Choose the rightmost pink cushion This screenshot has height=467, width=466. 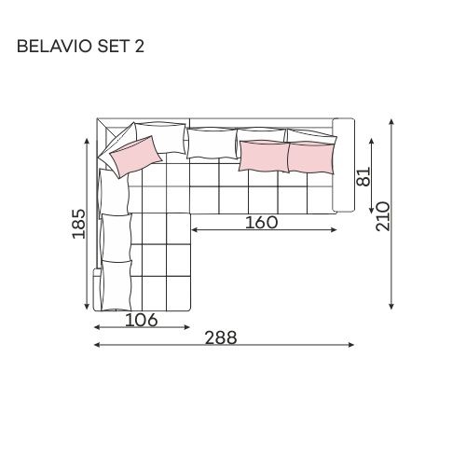(311, 157)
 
